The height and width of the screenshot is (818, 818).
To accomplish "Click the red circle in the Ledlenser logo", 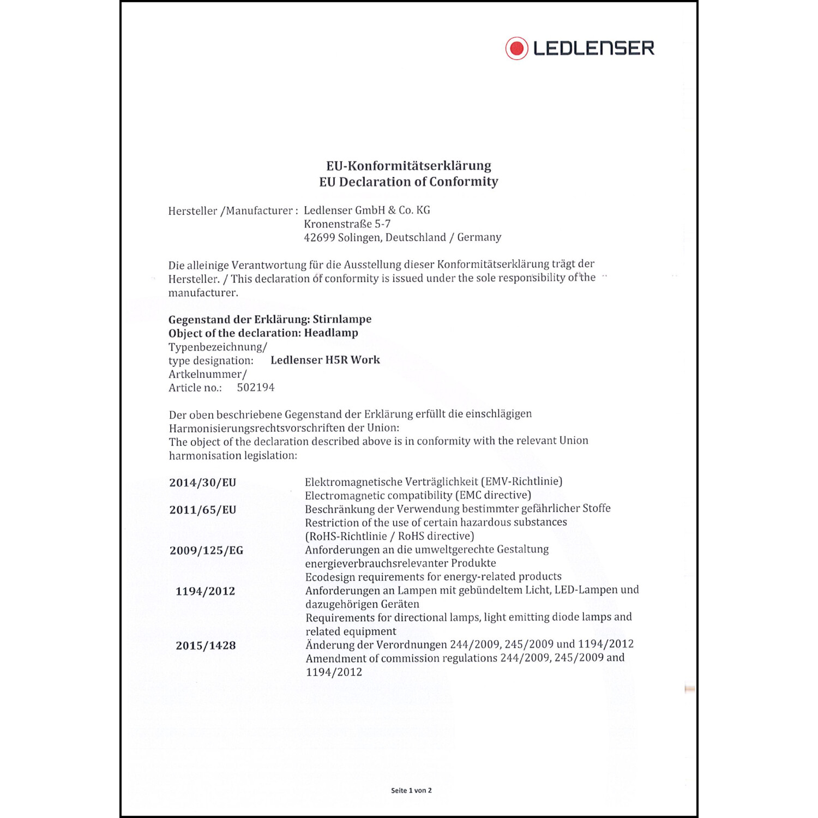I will coord(516,49).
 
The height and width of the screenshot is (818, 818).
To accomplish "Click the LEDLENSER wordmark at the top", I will coord(593,49).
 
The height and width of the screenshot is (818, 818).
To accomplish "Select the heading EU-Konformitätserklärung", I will coord(408,166).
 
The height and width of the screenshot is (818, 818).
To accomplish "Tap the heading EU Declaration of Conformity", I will coord(408,182).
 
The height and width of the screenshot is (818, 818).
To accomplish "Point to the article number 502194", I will coord(256,388).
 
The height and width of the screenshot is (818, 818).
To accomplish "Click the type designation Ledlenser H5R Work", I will coord(325,360).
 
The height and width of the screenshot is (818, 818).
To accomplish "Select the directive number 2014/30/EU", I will coord(202,483).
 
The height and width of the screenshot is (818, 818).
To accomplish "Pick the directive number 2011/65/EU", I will coord(202,510).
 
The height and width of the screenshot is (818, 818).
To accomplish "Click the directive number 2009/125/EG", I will coord(206,551).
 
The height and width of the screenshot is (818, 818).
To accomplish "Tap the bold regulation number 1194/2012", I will coord(205,591).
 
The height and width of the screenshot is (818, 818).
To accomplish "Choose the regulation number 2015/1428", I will coord(206,646).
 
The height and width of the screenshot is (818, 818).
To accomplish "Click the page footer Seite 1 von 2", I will coord(411,790).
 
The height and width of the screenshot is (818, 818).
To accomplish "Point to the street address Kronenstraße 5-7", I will coord(347,224).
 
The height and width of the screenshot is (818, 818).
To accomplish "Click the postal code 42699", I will coord(319,238).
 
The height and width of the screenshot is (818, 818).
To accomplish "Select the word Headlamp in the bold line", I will coord(331,333).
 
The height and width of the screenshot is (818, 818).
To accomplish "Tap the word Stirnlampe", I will coord(342,320).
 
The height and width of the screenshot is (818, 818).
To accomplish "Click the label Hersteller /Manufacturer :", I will coord(233,211).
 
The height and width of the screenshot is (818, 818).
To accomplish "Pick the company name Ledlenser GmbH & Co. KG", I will coord(366,210).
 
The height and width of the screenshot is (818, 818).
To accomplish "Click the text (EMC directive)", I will coord(493,495).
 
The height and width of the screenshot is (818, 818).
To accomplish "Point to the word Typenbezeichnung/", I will coord(218,347).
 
